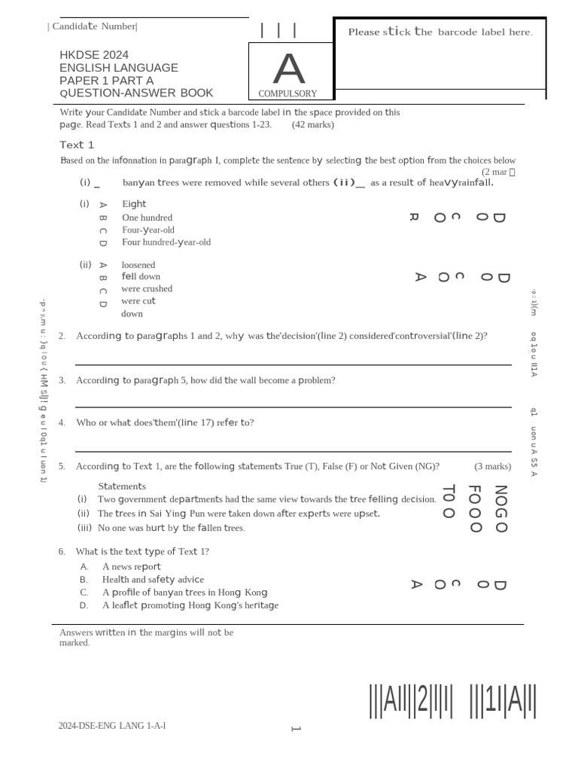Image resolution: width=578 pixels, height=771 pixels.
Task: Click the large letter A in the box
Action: pos(289,69)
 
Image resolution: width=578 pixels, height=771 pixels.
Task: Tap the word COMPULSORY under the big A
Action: pos(287,94)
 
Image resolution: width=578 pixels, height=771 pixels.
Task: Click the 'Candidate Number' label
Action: pos(93,27)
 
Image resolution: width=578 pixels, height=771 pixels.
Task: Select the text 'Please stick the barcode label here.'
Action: pos(440,32)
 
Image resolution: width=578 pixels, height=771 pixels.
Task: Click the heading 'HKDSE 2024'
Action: pos(94,55)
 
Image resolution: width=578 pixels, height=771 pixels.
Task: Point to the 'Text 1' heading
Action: pos(77,145)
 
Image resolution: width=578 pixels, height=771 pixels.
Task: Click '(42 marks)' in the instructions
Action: pos(313,124)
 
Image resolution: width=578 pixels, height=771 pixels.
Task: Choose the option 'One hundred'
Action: pos(147,218)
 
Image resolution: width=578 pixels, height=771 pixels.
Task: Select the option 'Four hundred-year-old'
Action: pos(166,242)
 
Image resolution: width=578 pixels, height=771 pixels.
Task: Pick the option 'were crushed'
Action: pos(147,288)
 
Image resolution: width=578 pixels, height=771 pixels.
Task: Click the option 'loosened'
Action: pos(138,265)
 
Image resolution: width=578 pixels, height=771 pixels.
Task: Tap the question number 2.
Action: pos(62,336)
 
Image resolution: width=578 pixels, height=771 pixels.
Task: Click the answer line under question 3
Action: pos(294,407)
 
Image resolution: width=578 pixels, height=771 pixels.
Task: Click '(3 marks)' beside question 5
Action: pos(492,466)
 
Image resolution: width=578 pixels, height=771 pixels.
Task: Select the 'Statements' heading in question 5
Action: pos(122,486)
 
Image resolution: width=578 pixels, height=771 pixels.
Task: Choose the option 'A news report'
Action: pos(132,566)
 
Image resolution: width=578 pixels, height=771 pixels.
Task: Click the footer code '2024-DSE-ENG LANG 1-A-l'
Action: pos(112,726)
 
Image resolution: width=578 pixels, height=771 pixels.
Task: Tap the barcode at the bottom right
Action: pos(452,701)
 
